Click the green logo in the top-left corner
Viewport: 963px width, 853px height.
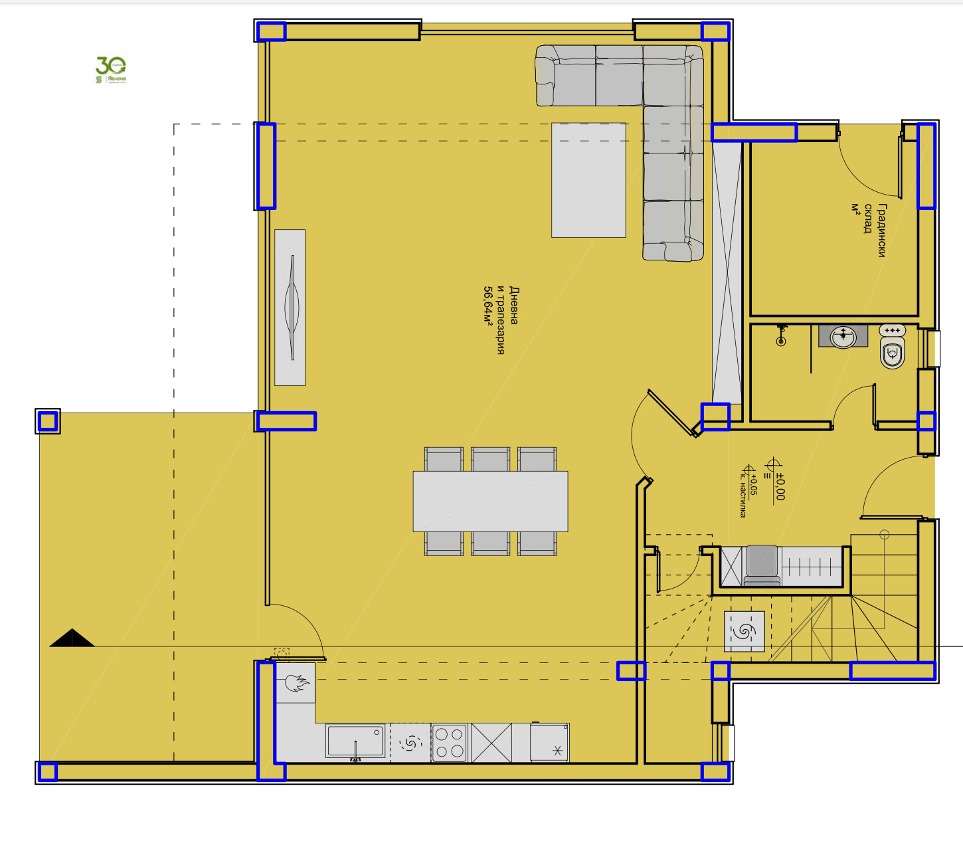[x=111, y=69]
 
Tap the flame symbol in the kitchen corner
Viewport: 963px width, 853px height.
[x=296, y=683]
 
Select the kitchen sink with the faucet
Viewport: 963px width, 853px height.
[x=355, y=741]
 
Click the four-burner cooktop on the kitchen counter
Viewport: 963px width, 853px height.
[x=449, y=742]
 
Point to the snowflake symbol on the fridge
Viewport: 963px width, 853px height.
[x=557, y=751]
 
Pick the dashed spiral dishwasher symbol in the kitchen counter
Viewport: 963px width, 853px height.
[x=410, y=743]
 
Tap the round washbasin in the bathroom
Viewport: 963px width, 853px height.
[x=843, y=336]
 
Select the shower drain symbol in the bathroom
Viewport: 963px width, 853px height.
[x=782, y=341]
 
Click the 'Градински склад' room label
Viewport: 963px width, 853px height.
[x=875, y=230]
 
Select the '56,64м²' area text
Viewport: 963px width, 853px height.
[x=488, y=306]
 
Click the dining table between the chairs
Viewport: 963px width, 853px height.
[x=490, y=501]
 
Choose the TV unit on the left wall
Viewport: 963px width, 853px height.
[x=290, y=307]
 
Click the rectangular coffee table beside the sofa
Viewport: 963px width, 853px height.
[x=588, y=179]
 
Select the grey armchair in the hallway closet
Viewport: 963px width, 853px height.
[x=762, y=566]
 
